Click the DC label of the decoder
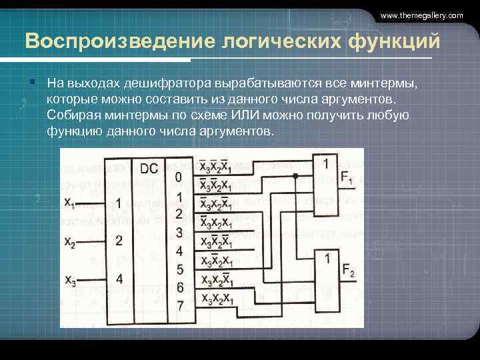149,169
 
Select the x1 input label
70,201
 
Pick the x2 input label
70,242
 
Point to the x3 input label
70,281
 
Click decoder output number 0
178,177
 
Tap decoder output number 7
179,306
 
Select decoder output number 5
179,270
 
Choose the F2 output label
347,271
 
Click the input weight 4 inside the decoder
119,279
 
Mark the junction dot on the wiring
295,177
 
